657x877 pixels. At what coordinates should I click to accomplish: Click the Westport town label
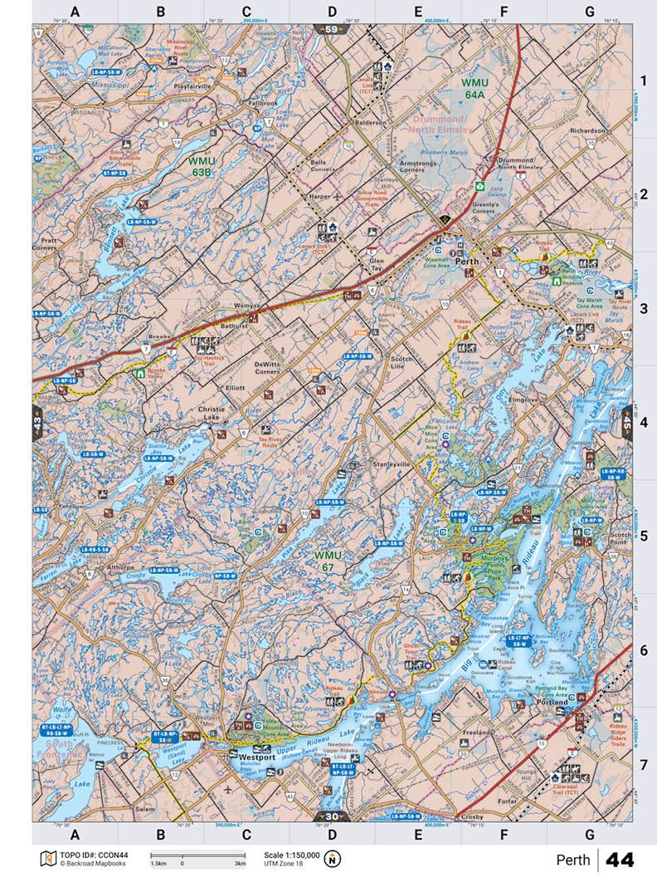point(256,757)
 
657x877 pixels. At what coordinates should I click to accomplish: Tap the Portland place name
point(552,702)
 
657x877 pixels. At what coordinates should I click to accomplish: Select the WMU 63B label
point(202,166)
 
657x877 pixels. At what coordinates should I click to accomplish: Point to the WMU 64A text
point(475,89)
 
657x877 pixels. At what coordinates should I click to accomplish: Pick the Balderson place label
point(371,122)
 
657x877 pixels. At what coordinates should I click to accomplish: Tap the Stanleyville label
point(392,463)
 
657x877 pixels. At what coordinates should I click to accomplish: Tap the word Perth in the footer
point(573,859)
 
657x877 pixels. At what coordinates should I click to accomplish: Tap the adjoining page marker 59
point(332,30)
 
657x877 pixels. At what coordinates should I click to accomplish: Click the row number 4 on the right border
point(643,422)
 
